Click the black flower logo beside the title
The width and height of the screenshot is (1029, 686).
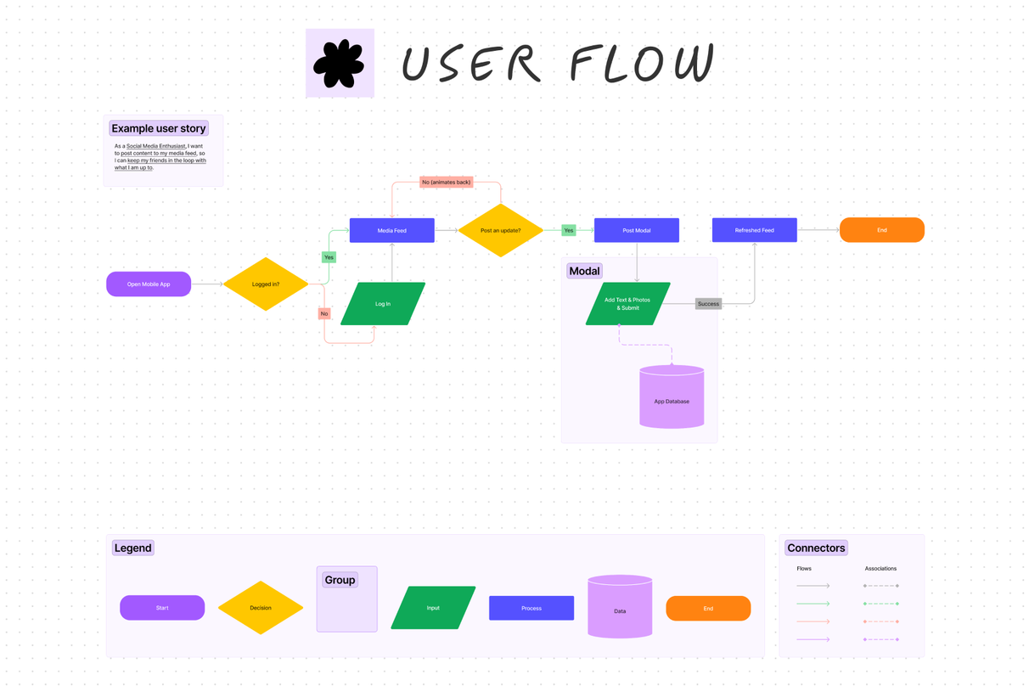click(340, 64)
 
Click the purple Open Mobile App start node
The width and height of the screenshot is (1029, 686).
click(149, 284)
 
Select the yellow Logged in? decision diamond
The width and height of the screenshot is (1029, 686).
click(266, 284)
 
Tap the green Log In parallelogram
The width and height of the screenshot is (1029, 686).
click(383, 304)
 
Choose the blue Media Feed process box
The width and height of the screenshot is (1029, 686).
click(392, 230)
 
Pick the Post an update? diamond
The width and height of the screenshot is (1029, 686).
click(501, 230)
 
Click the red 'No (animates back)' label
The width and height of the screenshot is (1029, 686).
click(446, 182)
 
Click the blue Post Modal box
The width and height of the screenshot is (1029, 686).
click(637, 230)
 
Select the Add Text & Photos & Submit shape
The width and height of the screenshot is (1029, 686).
click(627, 304)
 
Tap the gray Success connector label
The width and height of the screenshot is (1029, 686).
click(708, 304)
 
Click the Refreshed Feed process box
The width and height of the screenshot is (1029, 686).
click(754, 230)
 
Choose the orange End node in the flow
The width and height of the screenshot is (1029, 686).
click(881, 230)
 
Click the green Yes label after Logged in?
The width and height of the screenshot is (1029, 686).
click(329, 257)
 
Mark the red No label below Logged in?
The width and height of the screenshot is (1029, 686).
click(324, 313)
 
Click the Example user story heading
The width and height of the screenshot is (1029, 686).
click(159, 128)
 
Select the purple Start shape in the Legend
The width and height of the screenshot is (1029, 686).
click(162, 608)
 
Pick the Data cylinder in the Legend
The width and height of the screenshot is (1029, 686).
click(620, 608)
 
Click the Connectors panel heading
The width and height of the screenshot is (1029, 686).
click(816, 548)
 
